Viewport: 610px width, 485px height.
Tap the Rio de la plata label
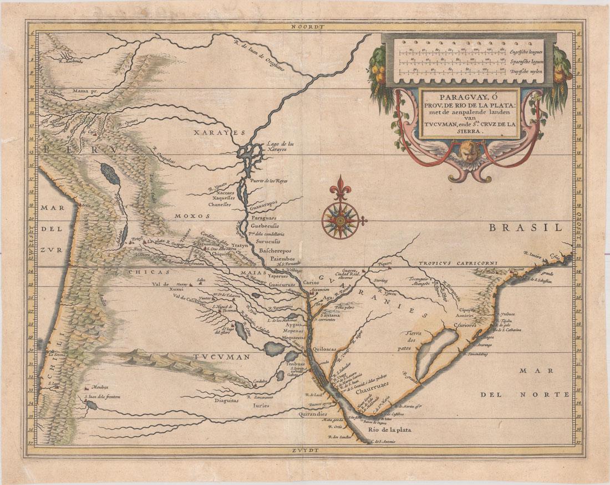point(388,428)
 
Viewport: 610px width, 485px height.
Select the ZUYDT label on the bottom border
point(304,451)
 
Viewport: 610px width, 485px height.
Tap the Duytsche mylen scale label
point(527,72)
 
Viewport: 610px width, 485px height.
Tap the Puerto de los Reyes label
point(272,181)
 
